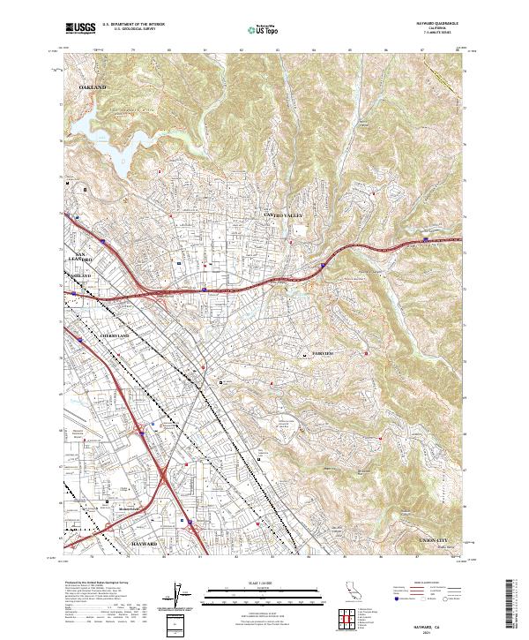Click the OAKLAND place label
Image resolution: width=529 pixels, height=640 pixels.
pos(92,88)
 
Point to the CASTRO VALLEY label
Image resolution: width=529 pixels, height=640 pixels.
pos(282,215)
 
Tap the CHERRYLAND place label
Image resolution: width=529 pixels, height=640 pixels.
pos(115,336)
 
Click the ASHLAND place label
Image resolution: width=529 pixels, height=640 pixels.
pos(80,276)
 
